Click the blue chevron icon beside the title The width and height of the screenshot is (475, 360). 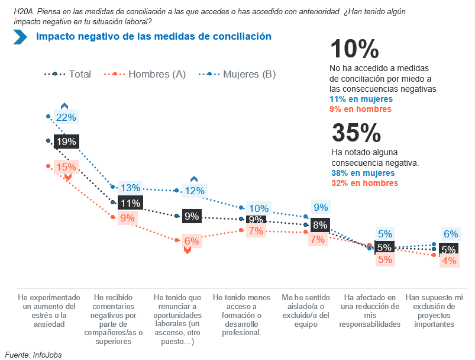[20, 37]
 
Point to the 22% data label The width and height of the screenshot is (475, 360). [66, 117]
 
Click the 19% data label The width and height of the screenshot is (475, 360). [66, 142]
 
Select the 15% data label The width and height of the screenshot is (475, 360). [66, 167]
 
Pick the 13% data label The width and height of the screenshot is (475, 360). [130, 188]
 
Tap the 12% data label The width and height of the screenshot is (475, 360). [194, 191]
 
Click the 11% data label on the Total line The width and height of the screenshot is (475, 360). [130, 203]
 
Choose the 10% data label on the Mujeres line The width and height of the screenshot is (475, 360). [258, 208]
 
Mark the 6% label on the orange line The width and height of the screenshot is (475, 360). [191, 241]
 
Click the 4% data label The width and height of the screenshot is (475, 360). [450, 261]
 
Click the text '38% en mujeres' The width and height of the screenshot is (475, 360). [363, 173]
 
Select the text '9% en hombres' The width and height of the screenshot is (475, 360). [360, 109]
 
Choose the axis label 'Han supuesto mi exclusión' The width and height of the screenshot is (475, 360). [434, 311]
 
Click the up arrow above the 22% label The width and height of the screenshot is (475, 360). [64, 105]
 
